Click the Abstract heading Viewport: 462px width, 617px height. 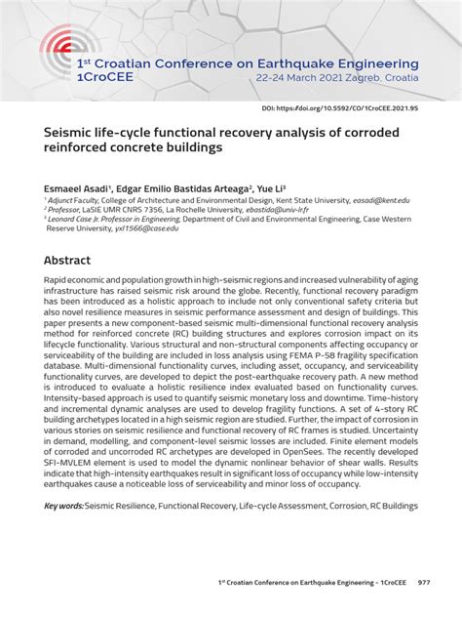tap(67, 261)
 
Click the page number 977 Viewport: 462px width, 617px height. tap(423, 581)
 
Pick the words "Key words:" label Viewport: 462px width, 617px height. tap(62, 506)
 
